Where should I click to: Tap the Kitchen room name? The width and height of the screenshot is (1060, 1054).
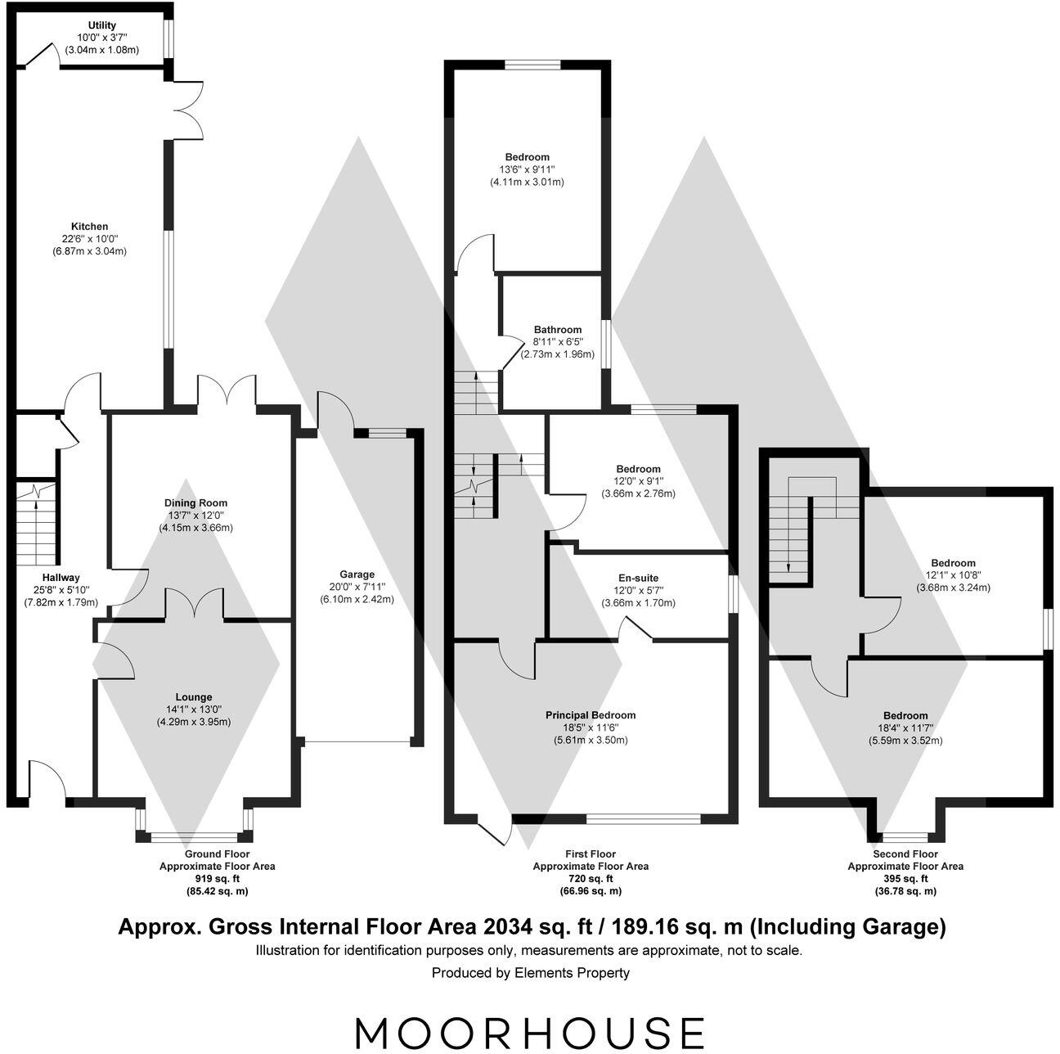pos(89,227)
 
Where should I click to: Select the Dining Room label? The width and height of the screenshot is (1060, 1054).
pos(196,503)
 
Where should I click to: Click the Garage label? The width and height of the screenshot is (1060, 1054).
pos(357,574)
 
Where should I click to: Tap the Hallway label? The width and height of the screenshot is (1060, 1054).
pos(61,578)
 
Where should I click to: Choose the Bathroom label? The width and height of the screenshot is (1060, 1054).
pos(558,330)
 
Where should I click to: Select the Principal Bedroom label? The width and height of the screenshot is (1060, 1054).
pos(591,715)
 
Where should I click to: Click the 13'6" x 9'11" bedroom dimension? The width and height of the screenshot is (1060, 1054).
pos(527,170)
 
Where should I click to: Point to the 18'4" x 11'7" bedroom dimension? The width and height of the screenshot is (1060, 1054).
pos(905,728)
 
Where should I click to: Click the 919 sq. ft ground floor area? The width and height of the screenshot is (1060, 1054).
pos(217,879)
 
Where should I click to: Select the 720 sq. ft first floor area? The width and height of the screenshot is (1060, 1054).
pos(591,879)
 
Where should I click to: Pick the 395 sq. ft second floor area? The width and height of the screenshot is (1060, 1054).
pos(905,879)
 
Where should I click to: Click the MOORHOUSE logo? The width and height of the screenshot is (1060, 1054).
pos(529,1033)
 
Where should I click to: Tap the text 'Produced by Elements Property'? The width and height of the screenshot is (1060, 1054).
pos(530,973)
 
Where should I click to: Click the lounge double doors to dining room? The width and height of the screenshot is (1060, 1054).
pos(195,604)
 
